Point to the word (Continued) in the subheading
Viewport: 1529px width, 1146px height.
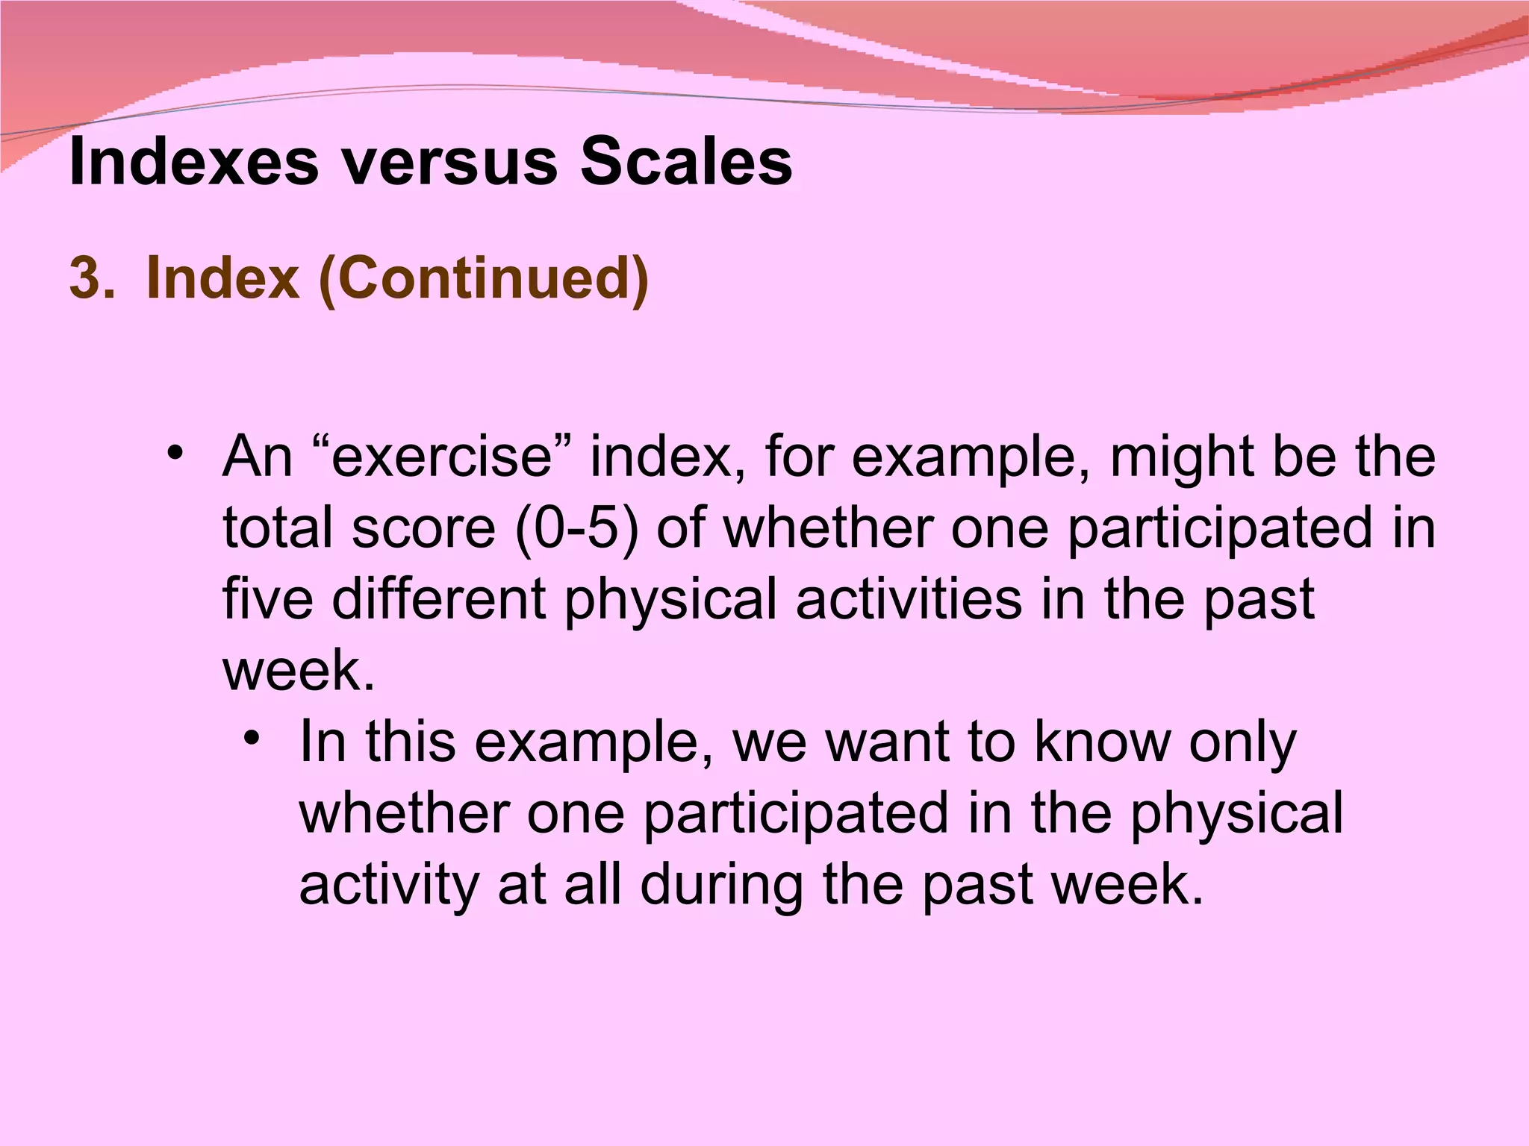tap(484, 278)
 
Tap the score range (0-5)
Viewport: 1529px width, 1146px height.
tap(577, 527)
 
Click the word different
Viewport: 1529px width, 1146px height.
tap(439, 599)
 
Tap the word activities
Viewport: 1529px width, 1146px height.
tap(908, 599)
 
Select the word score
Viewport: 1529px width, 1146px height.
tap(423, 527)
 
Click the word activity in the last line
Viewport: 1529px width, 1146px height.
tap(388, 885)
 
